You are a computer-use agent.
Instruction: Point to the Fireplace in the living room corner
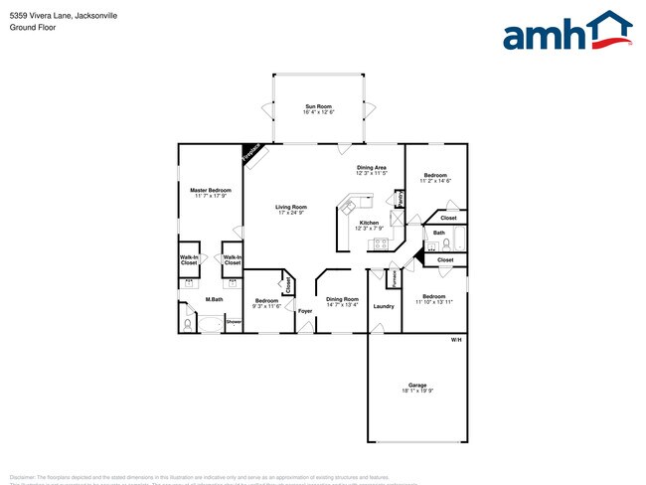coord(252,153)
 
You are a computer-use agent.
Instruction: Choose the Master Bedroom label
coord(211,190)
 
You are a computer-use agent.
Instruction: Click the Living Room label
coord(291,207)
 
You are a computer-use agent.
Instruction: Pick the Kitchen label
coord(369,223)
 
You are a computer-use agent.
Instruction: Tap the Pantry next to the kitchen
coord(399,199)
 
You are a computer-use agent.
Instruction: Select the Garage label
coord(417,385)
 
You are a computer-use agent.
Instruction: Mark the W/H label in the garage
coord(456,341)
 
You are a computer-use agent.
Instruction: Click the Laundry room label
coord(384,306)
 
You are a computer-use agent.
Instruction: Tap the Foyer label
coord(305,311)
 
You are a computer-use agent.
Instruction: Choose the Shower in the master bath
coord(234,322)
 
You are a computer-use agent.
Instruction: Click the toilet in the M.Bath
coord(187,322)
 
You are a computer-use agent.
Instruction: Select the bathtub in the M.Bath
coord(211,323)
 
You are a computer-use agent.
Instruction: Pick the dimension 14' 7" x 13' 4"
coord(342,305)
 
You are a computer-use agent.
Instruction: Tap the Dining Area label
coord(372,168)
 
